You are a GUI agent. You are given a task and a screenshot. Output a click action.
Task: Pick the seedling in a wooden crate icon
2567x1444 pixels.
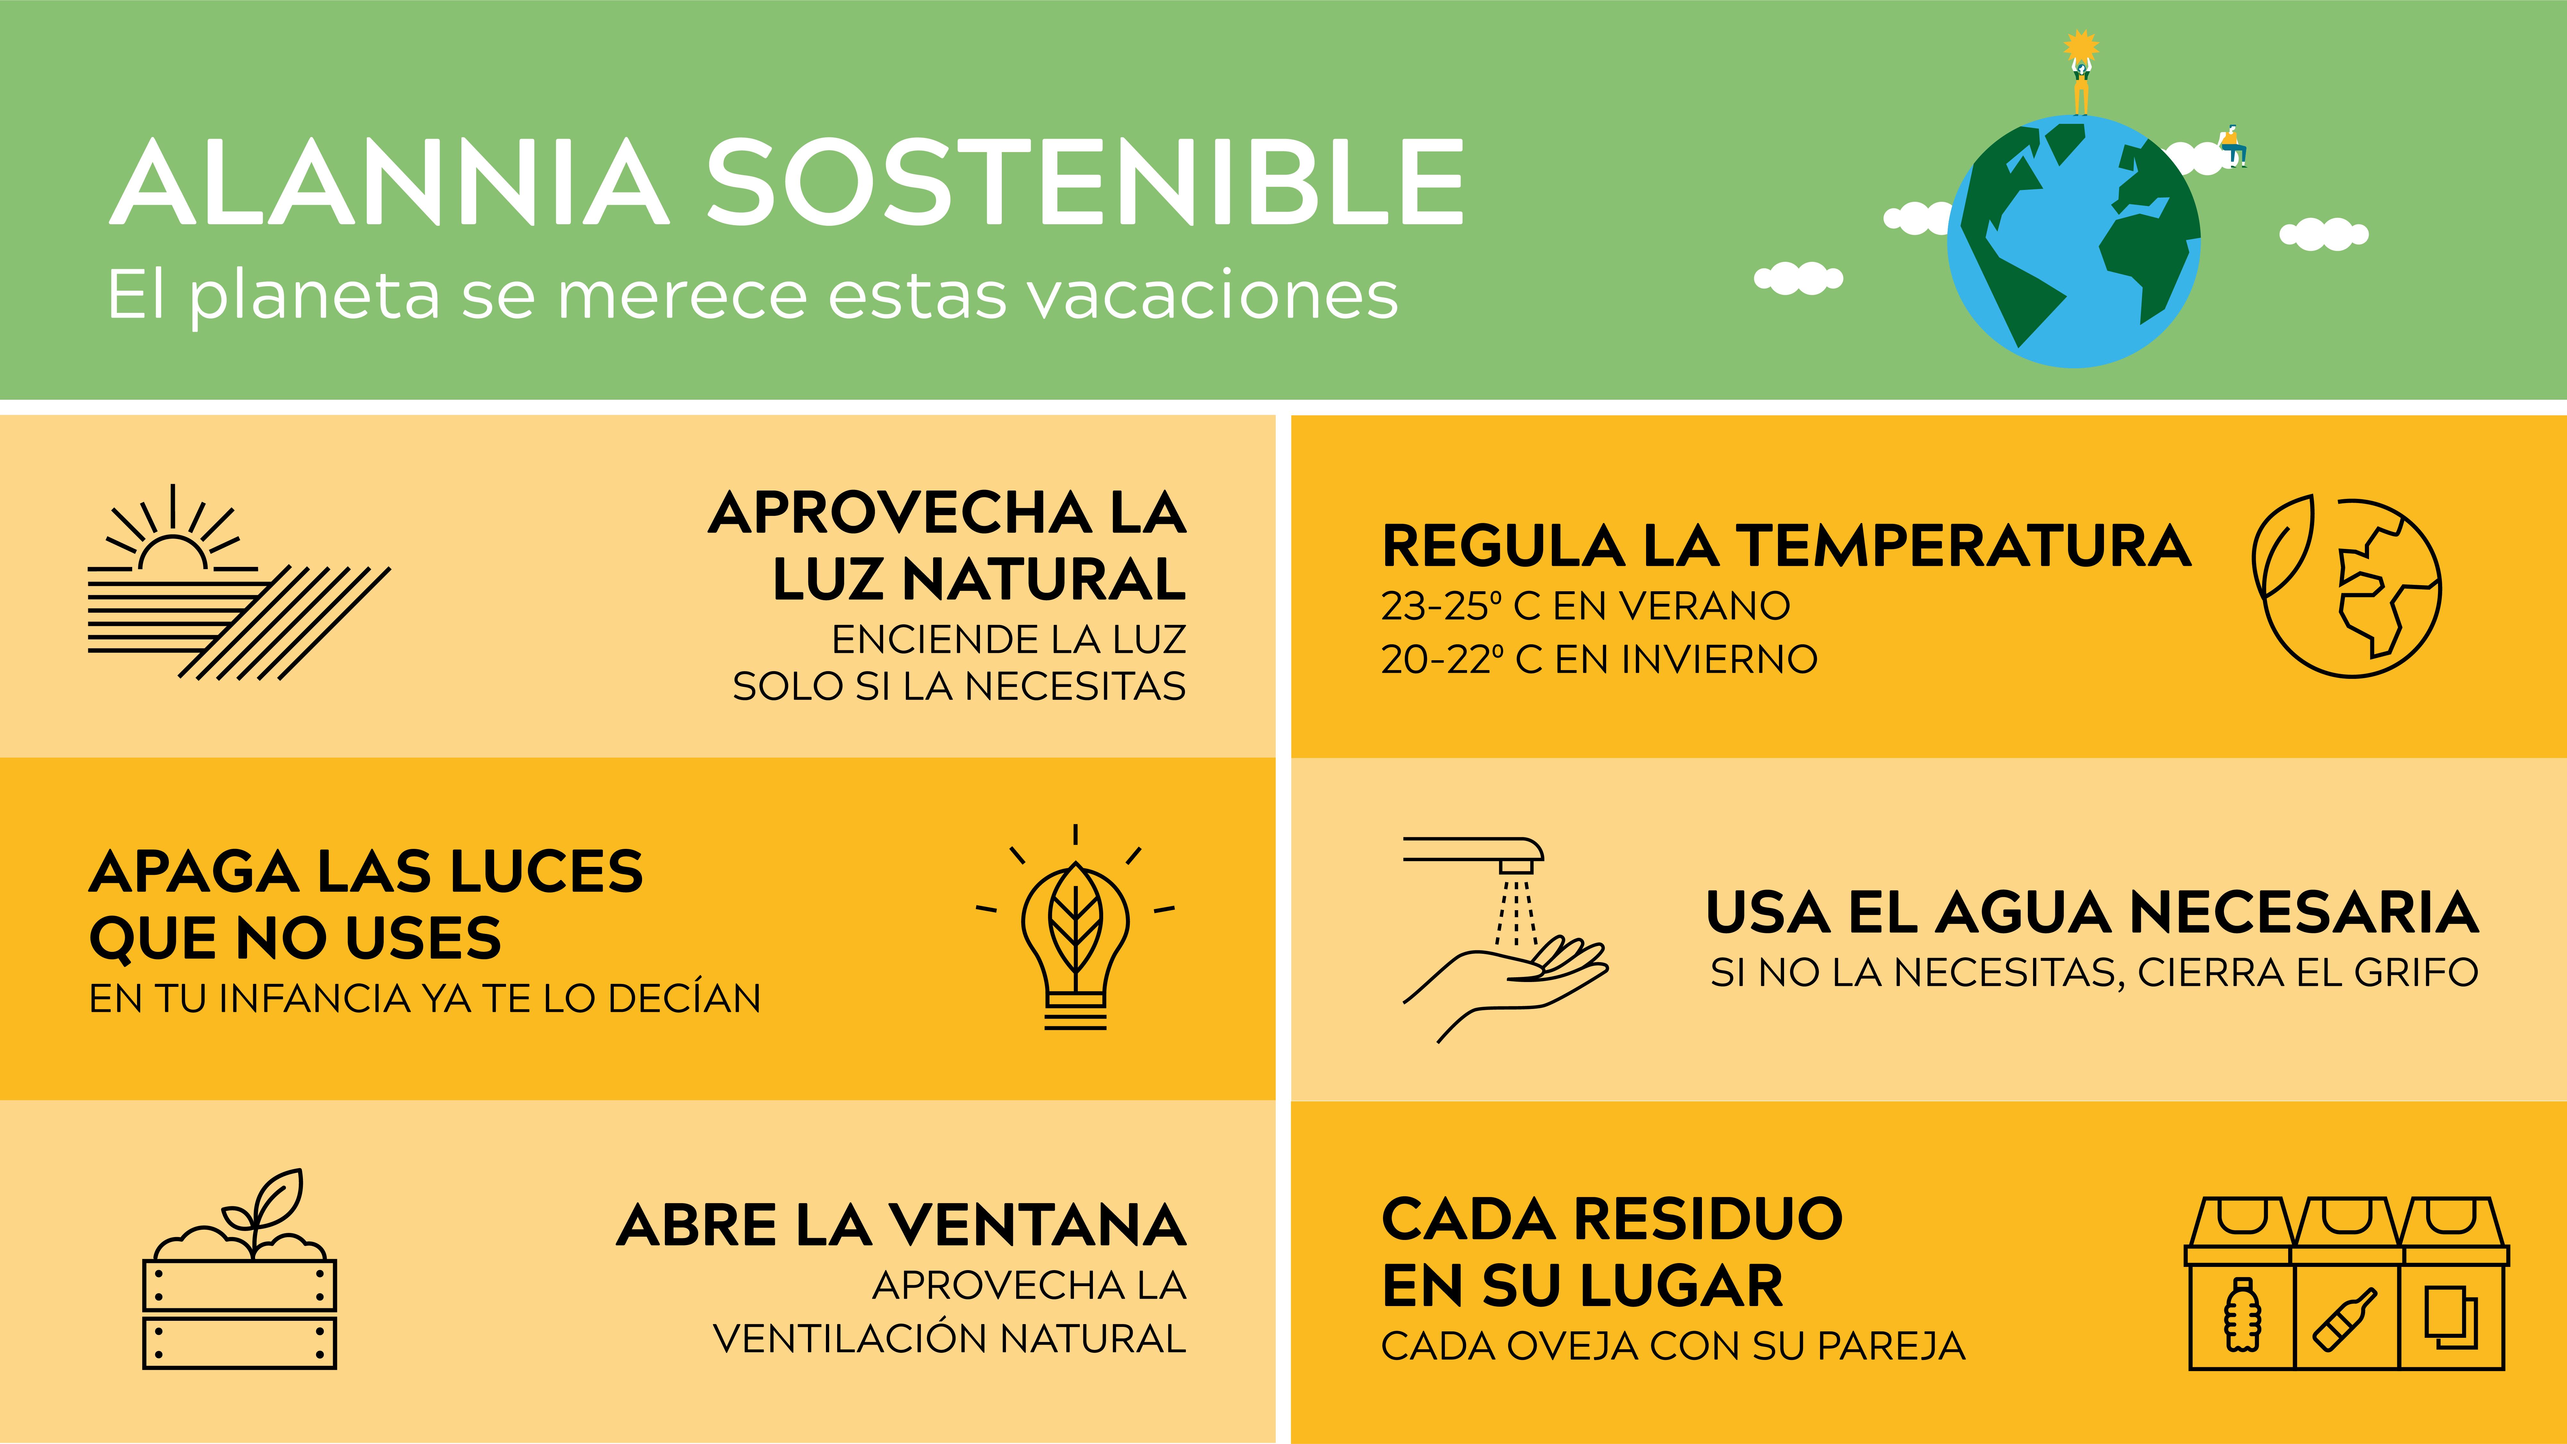240,1269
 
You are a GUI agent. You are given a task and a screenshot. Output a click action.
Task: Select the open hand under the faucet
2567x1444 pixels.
1505,987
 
